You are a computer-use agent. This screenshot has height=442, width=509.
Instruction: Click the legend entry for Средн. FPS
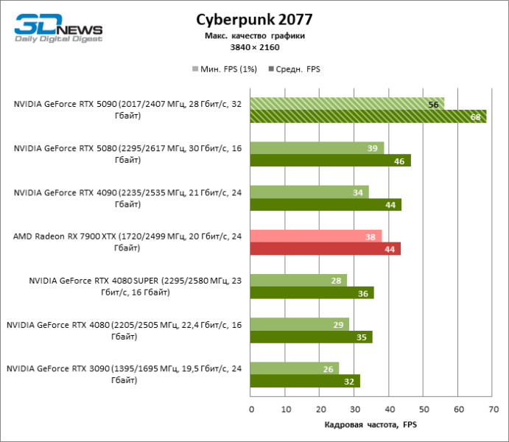[298, 69]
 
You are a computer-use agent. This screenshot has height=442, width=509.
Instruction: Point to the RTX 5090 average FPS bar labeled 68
[368, 117]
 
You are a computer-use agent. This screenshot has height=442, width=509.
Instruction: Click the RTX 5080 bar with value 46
[331, 161]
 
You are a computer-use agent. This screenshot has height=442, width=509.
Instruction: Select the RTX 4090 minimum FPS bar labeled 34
[309, 192]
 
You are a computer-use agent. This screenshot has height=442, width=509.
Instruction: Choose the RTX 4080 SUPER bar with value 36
[312, 293]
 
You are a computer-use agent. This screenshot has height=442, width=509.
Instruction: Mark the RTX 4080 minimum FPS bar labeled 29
[300, 324]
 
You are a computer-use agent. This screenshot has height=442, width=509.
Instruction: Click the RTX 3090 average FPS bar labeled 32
[305, 381]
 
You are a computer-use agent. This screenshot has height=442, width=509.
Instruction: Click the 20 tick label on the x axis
[320, 407]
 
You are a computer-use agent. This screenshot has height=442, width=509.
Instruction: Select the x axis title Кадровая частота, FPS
[371, 425]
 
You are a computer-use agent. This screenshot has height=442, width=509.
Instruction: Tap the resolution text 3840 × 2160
[253, 46]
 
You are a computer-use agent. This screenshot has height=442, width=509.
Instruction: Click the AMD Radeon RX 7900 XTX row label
[127, 242]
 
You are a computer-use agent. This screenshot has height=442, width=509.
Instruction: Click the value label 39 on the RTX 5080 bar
[371, 148]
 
